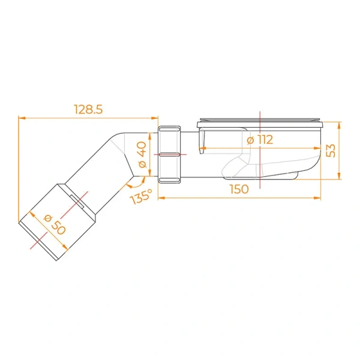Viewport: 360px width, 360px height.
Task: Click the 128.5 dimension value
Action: click(x=88, y=109)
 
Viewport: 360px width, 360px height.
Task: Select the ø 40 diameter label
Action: click(x=142, y=155)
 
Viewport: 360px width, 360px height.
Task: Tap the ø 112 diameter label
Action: click(x=260, y=140)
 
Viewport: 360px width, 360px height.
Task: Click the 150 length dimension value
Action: click(x=238, y=190)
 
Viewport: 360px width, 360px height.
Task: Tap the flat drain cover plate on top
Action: click(x=260, y=124)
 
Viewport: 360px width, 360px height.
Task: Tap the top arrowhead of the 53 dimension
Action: click(x=339, y=124)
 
